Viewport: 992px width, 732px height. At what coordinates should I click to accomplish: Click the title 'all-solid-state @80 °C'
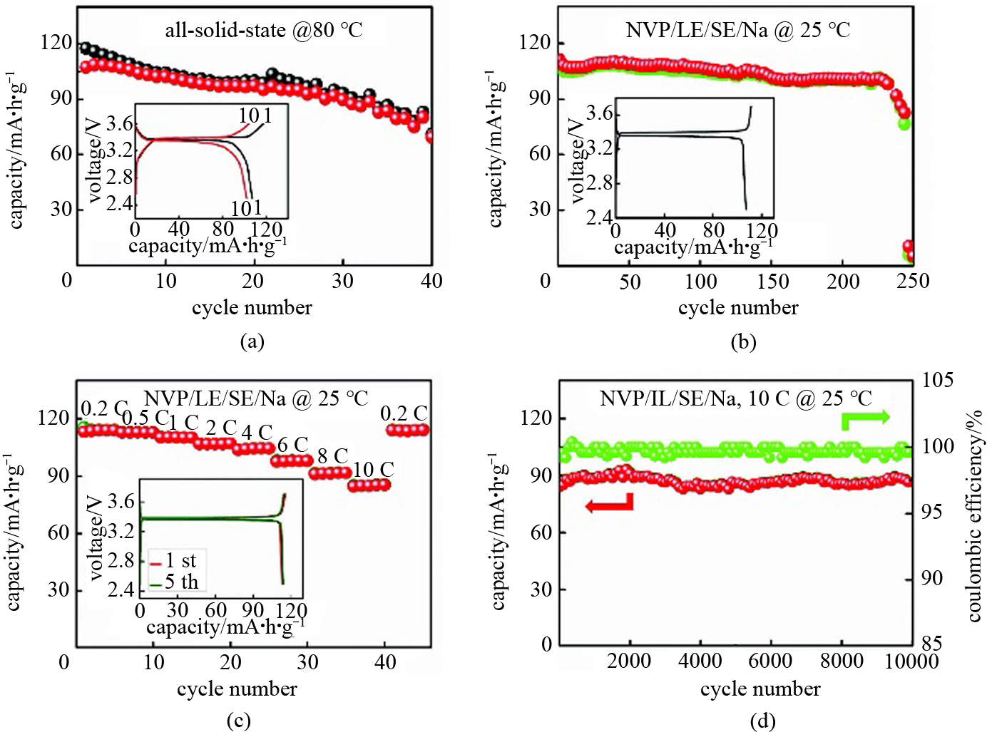coord(263,30)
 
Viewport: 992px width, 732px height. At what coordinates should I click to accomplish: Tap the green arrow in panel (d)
coord(864,418)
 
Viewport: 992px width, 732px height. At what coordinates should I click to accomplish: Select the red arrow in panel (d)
coord(609,505)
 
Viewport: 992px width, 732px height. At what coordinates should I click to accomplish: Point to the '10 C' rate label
coord(373,470)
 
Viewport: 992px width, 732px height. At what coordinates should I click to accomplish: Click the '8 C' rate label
coord(333,455)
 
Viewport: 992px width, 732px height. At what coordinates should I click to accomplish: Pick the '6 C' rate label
coord(292,445)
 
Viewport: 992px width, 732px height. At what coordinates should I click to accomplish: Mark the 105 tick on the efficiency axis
coord(937,380)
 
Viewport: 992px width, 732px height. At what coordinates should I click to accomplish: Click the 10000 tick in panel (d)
coord(911,661)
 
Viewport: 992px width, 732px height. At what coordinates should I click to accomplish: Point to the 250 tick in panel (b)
coord(913,281)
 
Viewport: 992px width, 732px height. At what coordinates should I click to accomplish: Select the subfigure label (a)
coord(252,341)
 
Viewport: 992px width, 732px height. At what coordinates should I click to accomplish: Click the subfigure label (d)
coord(762,721)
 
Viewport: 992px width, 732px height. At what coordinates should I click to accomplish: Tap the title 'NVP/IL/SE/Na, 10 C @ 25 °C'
coord(735,398)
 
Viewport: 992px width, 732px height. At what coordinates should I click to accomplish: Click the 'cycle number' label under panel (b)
coord(738,308)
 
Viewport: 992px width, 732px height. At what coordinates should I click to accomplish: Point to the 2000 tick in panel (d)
coord(629,661)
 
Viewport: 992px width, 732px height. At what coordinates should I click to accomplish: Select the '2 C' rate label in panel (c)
coord(220,428)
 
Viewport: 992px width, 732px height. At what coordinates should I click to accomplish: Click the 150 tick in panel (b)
coord(773,281)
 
